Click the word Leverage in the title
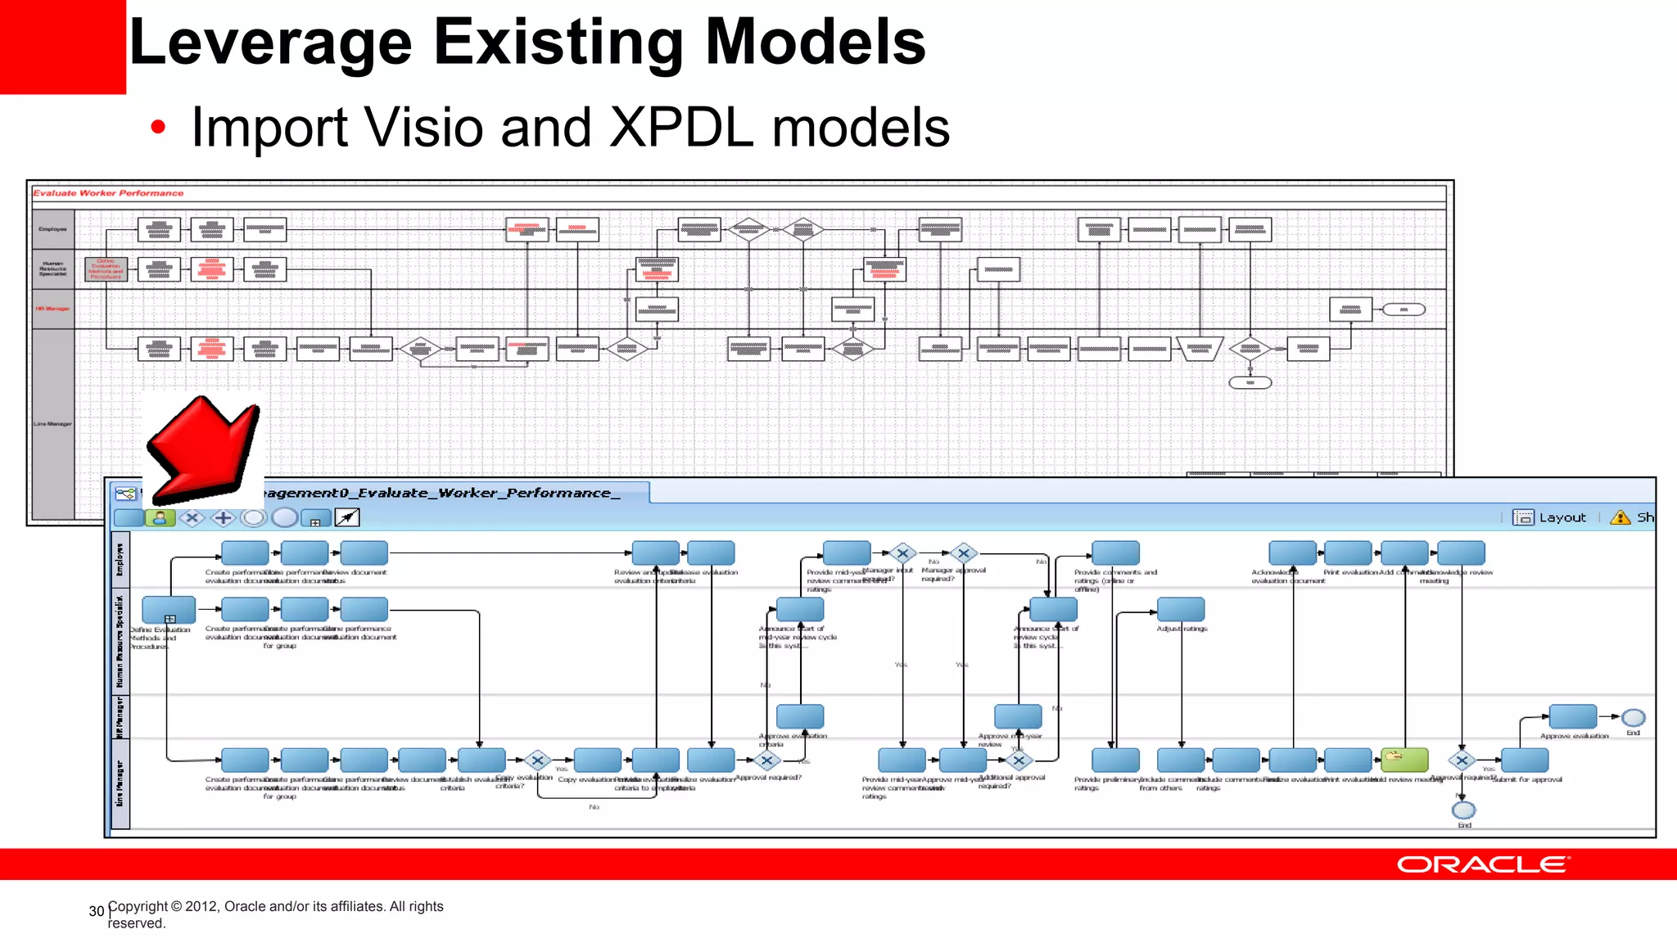[x=270, y=43]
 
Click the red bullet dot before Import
[x=158, y=127]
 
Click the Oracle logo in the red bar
[x=1482, y=864]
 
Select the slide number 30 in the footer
[x=97, y=911]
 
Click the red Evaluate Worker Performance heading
[x=108, y=193]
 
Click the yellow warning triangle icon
[x=1620, y=517]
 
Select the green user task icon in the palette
[x=160, y=518]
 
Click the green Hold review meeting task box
[x=1404, y=760]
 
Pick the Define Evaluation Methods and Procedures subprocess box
[x=169, y=610]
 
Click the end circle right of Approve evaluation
[x=1633, y=718]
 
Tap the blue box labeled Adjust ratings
[x=1180, y=609]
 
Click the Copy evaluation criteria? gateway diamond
[x=537, y=760]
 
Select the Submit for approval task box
[x=1525, y=760]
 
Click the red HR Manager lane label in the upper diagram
[x=52, y=309]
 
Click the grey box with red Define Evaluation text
[x=106, y=269]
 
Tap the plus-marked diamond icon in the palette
[x=223, y=518]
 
